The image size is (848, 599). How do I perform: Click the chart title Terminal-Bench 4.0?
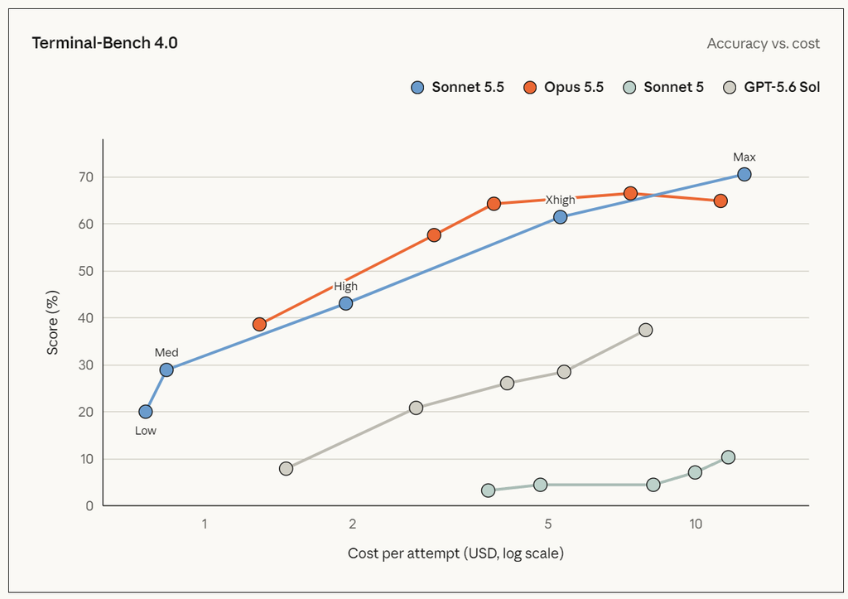(104, 43)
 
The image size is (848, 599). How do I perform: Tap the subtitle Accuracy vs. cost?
(763, 43)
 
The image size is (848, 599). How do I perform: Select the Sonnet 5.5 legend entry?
(457, 87)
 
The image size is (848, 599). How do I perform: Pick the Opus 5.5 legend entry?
(563, 87)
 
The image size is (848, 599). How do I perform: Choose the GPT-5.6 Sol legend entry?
(771, 87)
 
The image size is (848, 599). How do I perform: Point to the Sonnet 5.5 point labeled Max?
(744, 174)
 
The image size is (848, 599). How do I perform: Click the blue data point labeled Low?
(146, 412)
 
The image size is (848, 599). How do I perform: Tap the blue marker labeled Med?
(166, 370)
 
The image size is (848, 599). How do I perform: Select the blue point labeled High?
(345, 303)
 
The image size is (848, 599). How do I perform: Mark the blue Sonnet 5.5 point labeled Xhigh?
(561, 217)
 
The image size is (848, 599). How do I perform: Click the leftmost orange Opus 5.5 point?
(259, 325)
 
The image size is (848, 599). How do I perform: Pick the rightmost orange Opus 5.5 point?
(720, 201)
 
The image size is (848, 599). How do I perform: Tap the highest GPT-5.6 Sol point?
(645, 330)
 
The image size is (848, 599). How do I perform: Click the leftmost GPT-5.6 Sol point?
(286, 469)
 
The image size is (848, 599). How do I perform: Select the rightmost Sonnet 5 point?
(728, 457)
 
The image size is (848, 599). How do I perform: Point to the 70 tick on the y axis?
(86, 177)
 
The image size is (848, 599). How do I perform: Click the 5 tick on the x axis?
(548, 524)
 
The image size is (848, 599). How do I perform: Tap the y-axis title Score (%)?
(52, 322)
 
